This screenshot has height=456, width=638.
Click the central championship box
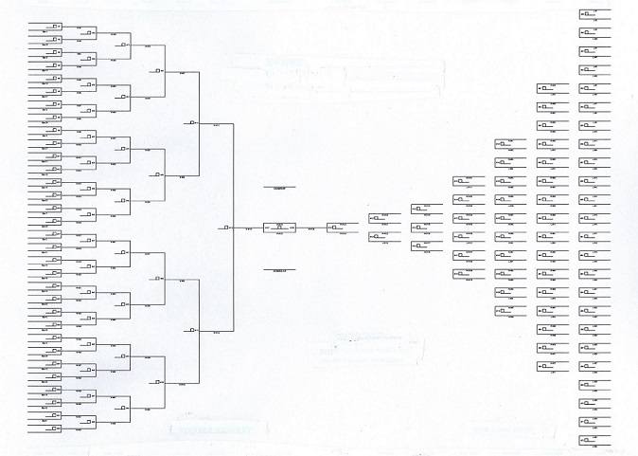[x=279, y=228]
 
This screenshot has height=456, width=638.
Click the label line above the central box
[x=279, y=188]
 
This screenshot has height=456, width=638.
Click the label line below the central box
[x=279, y=269]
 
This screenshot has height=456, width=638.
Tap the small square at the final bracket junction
[x=227, y=228]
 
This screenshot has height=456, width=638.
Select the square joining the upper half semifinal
[x=192, y=121]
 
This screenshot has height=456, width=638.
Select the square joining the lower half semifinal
[x=192, y=330]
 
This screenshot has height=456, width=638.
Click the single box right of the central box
[x=336, y=228]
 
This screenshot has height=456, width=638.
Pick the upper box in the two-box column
[x=378, y=219]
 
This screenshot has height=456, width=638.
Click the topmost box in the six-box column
[x=463, y=181]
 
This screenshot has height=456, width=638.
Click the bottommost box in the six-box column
[x=463, y=274]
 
